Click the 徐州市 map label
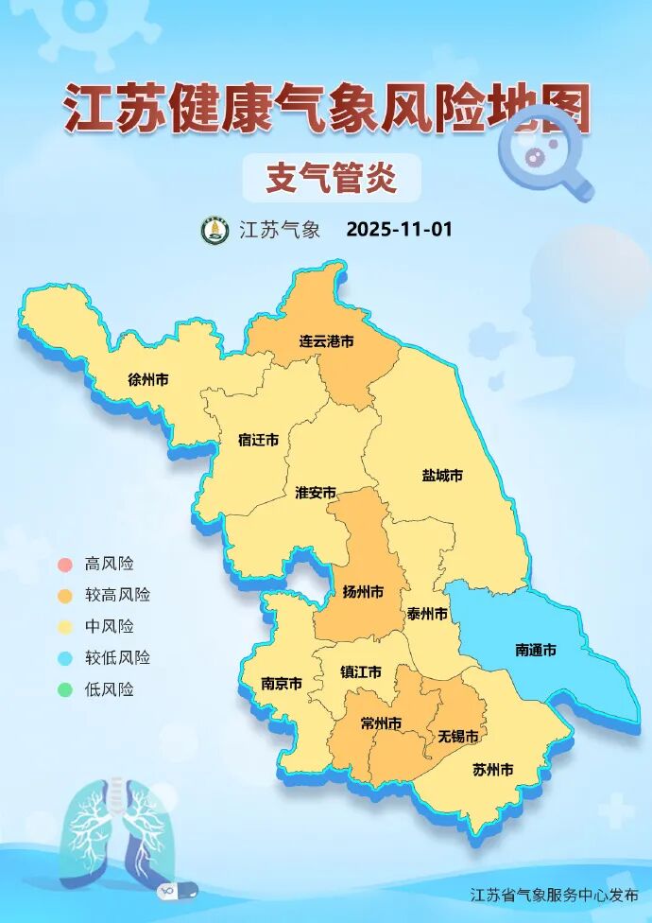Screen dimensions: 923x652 [x=148, y=380]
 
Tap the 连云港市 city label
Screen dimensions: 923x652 [x=326, y=340]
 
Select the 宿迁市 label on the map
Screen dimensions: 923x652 [x=258, y=440]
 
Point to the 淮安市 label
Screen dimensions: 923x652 [x=316, y=493]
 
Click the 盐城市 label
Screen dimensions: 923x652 [x=442, y=476]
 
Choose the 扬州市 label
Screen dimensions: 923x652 [x=363, y=592]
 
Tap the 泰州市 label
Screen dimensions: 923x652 [x=427, y=614]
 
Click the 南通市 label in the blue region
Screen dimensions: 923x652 [x=535, y=650]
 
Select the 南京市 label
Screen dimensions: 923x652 [x=282, y=683]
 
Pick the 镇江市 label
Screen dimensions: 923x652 [x=361, y=672]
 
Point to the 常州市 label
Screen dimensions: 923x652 [x=381, y=723]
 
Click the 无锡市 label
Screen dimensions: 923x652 [x=457, y=736]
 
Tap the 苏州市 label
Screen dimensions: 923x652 [x=492, y=770]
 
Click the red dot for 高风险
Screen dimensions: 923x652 [x=64, y=565]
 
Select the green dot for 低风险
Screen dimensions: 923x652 [x=64, y=689]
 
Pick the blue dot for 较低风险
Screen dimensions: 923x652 [x=64, y=658]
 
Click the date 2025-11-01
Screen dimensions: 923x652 [x=400, y=230]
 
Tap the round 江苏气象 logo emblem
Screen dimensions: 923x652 [x=215, y=230]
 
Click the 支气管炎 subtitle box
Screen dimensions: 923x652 [x=331, y=178]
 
